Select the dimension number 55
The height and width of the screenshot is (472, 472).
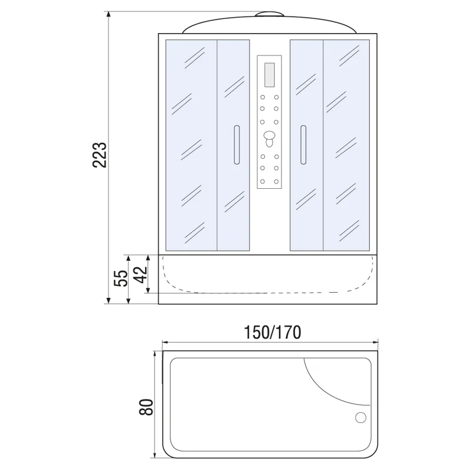(120, 278)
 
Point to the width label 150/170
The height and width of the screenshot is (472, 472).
(273, 332)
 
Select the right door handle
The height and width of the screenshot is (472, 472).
(303, 145)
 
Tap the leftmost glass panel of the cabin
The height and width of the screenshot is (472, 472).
(191, 145)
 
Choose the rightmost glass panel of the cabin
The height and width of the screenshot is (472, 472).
(346, 145)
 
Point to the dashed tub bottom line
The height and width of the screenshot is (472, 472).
(265, 293)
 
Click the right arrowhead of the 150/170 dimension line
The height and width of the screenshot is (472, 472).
(375, 342)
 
